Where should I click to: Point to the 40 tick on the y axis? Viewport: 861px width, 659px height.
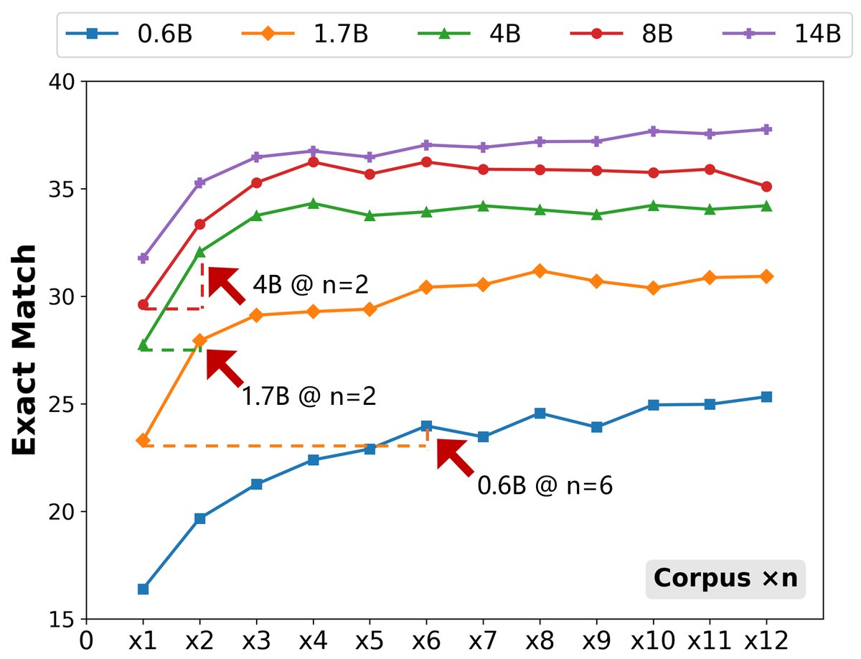click(x=62, y=82)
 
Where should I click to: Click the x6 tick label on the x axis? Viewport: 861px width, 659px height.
click(x=426, y=639)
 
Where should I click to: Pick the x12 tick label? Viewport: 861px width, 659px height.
click(x=766, y=639)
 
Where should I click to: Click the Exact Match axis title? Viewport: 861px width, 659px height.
click(x=26, y=350)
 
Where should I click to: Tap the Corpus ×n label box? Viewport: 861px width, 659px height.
click(x=725, y=579)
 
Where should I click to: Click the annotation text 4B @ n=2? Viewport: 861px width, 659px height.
click(x=310, y=285)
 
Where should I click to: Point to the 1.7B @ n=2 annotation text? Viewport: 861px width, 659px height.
click(x=309, y=396)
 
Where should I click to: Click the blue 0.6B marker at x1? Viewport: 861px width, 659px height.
click(x=143, y=589)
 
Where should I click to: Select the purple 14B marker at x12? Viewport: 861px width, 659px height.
click(x=766, y=129)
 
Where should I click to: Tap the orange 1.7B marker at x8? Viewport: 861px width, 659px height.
click(x=540, y=271)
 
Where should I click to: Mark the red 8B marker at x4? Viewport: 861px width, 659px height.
click(x=313, y=162)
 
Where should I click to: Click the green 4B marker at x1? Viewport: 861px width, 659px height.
click(x=143, y=345)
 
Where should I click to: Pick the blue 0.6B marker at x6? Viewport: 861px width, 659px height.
click(x=426, y=426)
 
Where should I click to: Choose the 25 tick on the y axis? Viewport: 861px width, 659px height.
click(x=62, y=404)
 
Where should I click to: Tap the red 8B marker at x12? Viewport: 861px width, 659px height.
click(x=766, y=187)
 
